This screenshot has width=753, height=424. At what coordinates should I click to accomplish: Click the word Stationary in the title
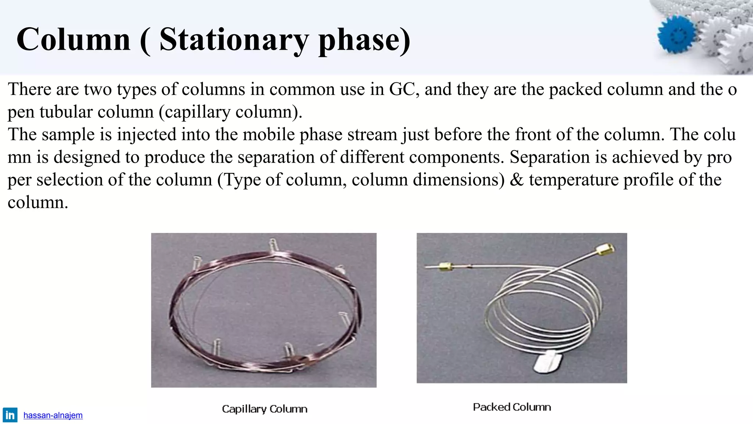(x=234, y=40)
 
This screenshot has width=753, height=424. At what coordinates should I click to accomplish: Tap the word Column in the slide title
(x=74, y=40)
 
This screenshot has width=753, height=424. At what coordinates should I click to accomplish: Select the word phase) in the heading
(x=364, y=40)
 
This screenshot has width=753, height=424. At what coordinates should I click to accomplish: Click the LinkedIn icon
(x=10, y=415)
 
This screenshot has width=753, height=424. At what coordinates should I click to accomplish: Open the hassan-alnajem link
(x=53, y=416)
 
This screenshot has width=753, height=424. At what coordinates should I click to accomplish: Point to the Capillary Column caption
(x=264, y=409)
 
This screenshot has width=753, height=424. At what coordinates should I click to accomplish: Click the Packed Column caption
(x=512, y=407)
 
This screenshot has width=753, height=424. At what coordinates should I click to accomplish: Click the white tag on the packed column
(x=548, y=363)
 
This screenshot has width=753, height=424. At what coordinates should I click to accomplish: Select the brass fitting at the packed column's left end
(x=445, y=266)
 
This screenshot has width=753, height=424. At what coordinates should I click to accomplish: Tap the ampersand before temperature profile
(x=516, y=180)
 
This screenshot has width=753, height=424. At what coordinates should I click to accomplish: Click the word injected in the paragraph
(x=147, y=135)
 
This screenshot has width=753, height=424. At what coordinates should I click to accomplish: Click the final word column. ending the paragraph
(x=38, y=203)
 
